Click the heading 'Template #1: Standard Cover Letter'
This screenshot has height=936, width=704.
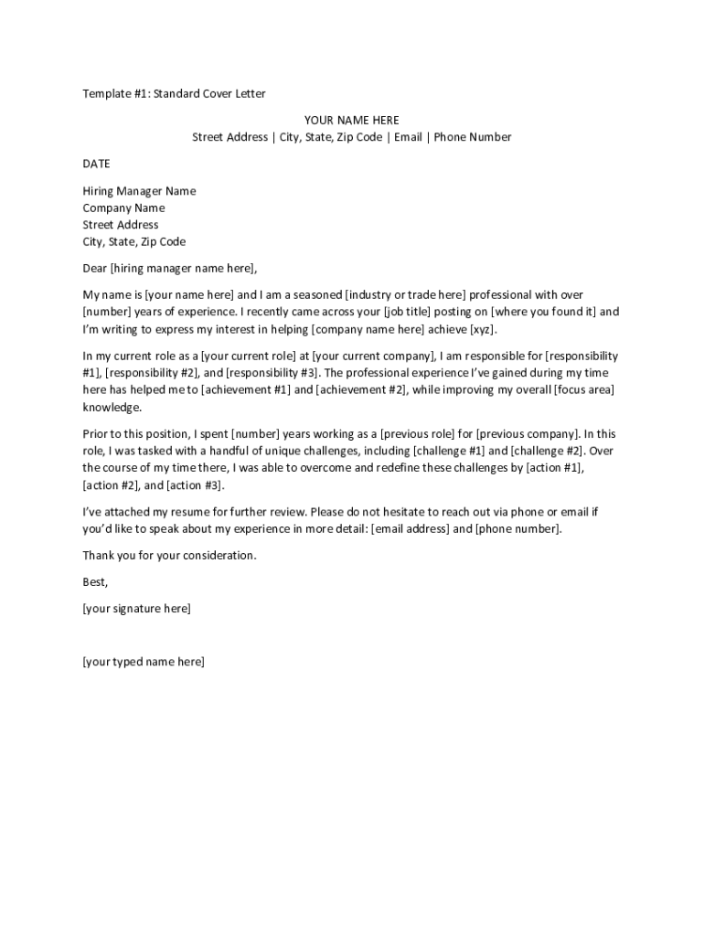pos(174,93)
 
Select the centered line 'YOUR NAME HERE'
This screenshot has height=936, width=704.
pos(351,121)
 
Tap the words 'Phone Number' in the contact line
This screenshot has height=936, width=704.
pos(473,137)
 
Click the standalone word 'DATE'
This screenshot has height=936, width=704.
pos(96,164)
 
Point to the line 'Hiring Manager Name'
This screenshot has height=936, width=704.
pos(139,191)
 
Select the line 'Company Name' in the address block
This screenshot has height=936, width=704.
pos(123,207)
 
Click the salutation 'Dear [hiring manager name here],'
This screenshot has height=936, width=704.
pos(170,268)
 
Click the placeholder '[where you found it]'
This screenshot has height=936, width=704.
pos(544,312)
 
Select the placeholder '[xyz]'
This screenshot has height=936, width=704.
pos(484,329)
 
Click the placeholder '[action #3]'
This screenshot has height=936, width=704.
pos(194,485)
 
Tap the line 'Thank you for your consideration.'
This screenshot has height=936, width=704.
pos(170,555)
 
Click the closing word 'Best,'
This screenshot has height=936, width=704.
pos(95,581)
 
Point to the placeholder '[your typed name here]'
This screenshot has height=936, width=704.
pos(144,661)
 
